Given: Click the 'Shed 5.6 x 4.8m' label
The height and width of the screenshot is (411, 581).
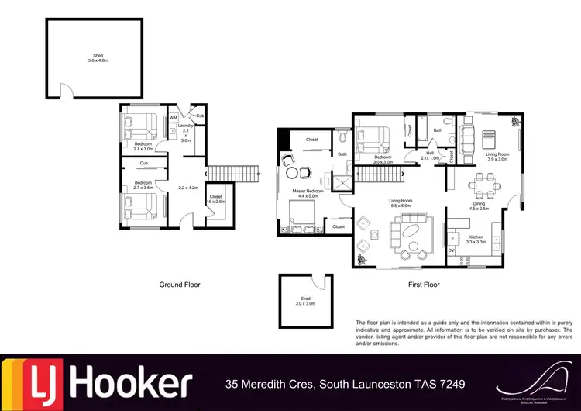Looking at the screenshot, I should pyautogui.click(x=98, y=59).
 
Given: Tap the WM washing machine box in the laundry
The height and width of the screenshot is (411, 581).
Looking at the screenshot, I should pyautogui.click(x=174, y=118).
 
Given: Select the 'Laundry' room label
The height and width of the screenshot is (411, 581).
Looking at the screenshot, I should pyautogui.click(x=185, y=126).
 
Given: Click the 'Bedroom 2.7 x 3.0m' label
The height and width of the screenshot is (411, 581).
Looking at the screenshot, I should pyautogui.click(x=143, y=147).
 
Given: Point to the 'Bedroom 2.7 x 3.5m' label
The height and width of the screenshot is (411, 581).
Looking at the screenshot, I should pyautogui.click(x=143, y=185).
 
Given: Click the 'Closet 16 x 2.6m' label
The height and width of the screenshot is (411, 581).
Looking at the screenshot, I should pyautogui.click(x=215, y=199).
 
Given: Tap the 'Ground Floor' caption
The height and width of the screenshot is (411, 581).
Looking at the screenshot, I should pyautogui.click(x=179, y=285).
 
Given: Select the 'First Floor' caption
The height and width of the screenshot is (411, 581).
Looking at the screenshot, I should pyautogui.click(x=424, y=285).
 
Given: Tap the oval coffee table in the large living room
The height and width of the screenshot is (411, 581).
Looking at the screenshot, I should pyautogui.click(x=407, y=230).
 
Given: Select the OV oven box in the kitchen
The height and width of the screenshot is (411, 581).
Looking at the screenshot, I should pyautogui.click(x=452, y=250).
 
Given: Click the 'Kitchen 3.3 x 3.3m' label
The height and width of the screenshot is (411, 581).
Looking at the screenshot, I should pyautogui.click(x=475, y=239).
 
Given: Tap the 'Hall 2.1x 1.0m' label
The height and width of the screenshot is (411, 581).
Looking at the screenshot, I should pyautogui.click(x=431, y=155).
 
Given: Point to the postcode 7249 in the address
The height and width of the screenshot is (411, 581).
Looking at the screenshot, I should pyautogui.click(x=453, y=384).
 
